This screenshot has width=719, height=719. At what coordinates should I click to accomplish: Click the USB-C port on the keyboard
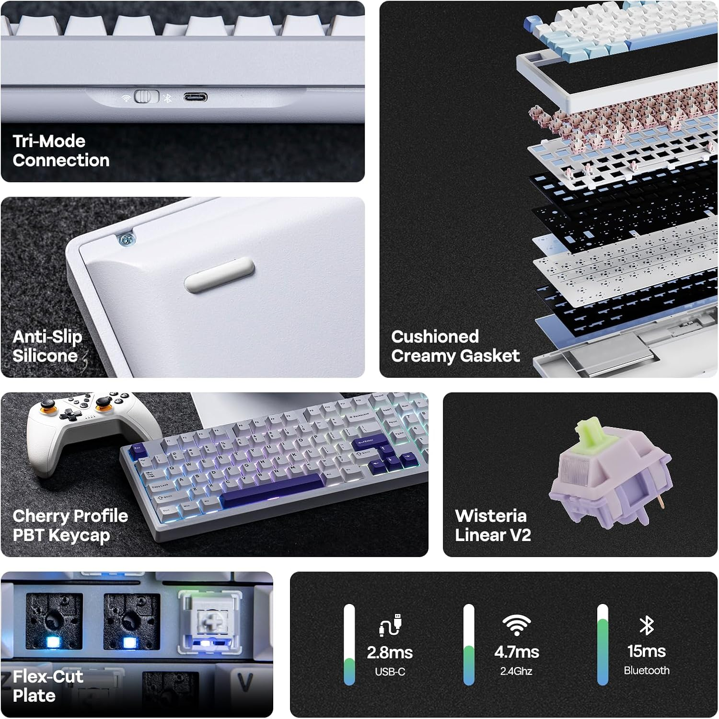point(195,98)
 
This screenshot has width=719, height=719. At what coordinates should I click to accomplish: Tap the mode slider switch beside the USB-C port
point(146,97)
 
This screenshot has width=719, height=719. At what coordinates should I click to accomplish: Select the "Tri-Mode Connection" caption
point(61,151)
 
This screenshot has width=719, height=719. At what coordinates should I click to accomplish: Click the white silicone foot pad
point(219,275)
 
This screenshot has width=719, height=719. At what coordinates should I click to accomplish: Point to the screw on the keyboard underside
point(127,239)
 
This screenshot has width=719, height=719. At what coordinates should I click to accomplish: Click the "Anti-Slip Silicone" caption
point(47,346)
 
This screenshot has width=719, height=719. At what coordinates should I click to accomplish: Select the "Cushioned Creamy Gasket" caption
point(455,346)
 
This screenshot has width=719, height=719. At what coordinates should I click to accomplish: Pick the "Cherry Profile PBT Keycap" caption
point(70,525)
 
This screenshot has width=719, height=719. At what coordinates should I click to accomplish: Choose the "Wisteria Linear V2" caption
point(492,525)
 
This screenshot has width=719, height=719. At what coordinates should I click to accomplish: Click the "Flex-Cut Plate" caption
point(47,686)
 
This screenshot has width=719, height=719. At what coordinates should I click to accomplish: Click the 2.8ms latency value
point(390,652)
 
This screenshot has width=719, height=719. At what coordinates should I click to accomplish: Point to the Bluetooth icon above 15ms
point(647,625)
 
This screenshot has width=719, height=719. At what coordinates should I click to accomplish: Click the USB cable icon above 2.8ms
point(390,625)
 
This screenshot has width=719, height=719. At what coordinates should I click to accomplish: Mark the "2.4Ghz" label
point(516,671)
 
